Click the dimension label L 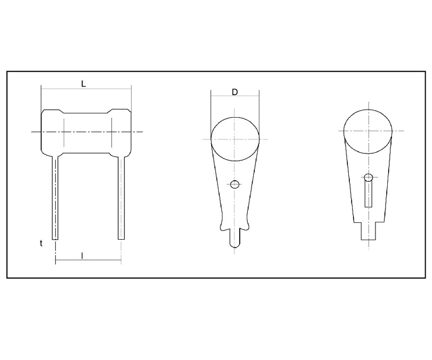tap(83, 84)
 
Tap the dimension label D tap(235, 92)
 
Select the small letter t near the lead tap(41, 243)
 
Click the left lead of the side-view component tap(55, 197)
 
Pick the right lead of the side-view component tap(122, 197)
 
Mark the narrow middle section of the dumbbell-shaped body tap(87, 132)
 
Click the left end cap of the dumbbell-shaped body tap(52, 131)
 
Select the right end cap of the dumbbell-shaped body tap(121, 131)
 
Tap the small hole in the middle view tap(234, 185)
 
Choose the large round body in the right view tap(368, 131)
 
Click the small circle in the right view tap(368, 178)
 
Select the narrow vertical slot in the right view tap(368, 194)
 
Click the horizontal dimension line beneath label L tap(86, 89)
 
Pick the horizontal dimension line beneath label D tap(235, 97)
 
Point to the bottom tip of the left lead tap(55, 237)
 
